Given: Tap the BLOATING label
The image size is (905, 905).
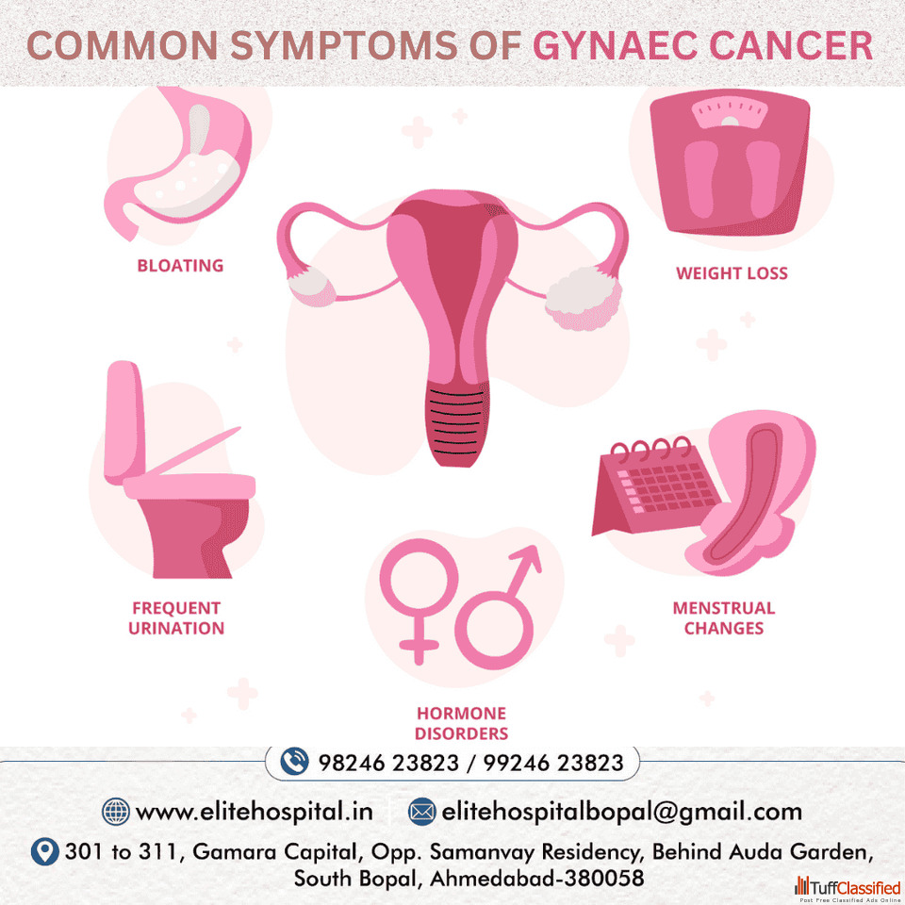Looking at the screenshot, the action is (x=180, y=266).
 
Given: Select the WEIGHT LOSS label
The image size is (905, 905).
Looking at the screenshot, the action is (x=732, y=273).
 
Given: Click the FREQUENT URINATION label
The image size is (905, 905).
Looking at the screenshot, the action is (x=176, y=618).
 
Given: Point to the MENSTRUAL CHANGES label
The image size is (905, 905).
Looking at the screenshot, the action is (x=724, y=618).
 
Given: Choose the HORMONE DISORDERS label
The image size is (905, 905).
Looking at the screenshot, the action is (x=462, y=723).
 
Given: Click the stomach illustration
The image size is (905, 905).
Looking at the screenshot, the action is (x=178, y=163).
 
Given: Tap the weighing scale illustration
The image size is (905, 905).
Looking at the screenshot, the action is (x=730, y=161).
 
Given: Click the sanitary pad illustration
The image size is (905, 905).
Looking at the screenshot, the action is (x=750, y=492).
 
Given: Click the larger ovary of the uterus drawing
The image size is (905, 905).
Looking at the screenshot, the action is (x=584, y=298).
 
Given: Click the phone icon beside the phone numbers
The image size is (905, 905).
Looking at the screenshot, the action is (x=294, y=762).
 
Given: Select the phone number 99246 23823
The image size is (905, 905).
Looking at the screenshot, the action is (x=553, y=763).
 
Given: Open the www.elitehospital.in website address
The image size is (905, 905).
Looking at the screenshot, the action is (x=254, y=812).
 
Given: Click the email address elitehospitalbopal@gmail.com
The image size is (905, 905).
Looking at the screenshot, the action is (x=621, y=812).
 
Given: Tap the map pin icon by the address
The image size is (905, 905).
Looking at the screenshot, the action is (x=44, y=851).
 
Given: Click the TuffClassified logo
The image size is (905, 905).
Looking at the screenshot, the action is (x=847, y=889).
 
